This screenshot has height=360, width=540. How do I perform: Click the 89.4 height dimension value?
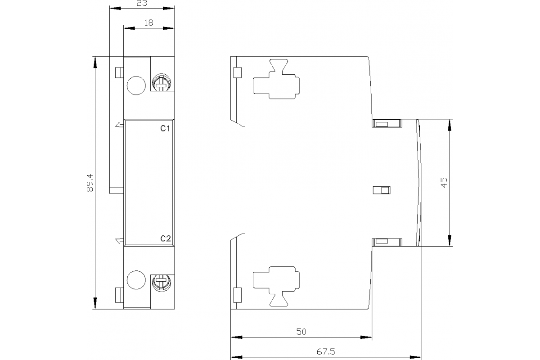[x=90, y=183]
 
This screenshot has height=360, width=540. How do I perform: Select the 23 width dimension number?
[x=142, y=3]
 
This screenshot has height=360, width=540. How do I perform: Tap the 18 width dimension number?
[x=148, y=22]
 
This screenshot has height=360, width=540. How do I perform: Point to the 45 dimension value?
[x=444, y=182]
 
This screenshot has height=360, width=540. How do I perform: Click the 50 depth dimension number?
[x=301, y=332]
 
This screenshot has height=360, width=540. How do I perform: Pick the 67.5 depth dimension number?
[x=326, y=352]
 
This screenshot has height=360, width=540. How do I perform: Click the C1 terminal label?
[x=166, y=129]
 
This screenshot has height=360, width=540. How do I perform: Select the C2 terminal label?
[x=166, y=238]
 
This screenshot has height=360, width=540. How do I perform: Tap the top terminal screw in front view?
[x=162, y=83]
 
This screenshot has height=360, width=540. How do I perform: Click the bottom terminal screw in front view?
[x=162, y=283]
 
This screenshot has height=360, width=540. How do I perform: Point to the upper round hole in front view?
[x=136, y=85]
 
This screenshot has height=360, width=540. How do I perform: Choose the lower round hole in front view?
[x=136, y=280]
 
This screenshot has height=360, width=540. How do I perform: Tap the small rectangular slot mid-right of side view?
[x=382, y=190]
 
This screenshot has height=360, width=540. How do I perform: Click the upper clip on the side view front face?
[x=387, y=123]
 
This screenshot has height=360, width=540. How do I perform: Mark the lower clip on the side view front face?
[x=387, y=243]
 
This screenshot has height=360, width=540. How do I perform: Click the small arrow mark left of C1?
[x=120, y=125]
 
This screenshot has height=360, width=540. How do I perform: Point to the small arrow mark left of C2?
[x=120, y=241]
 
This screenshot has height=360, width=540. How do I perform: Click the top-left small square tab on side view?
[x=238, y=72]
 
